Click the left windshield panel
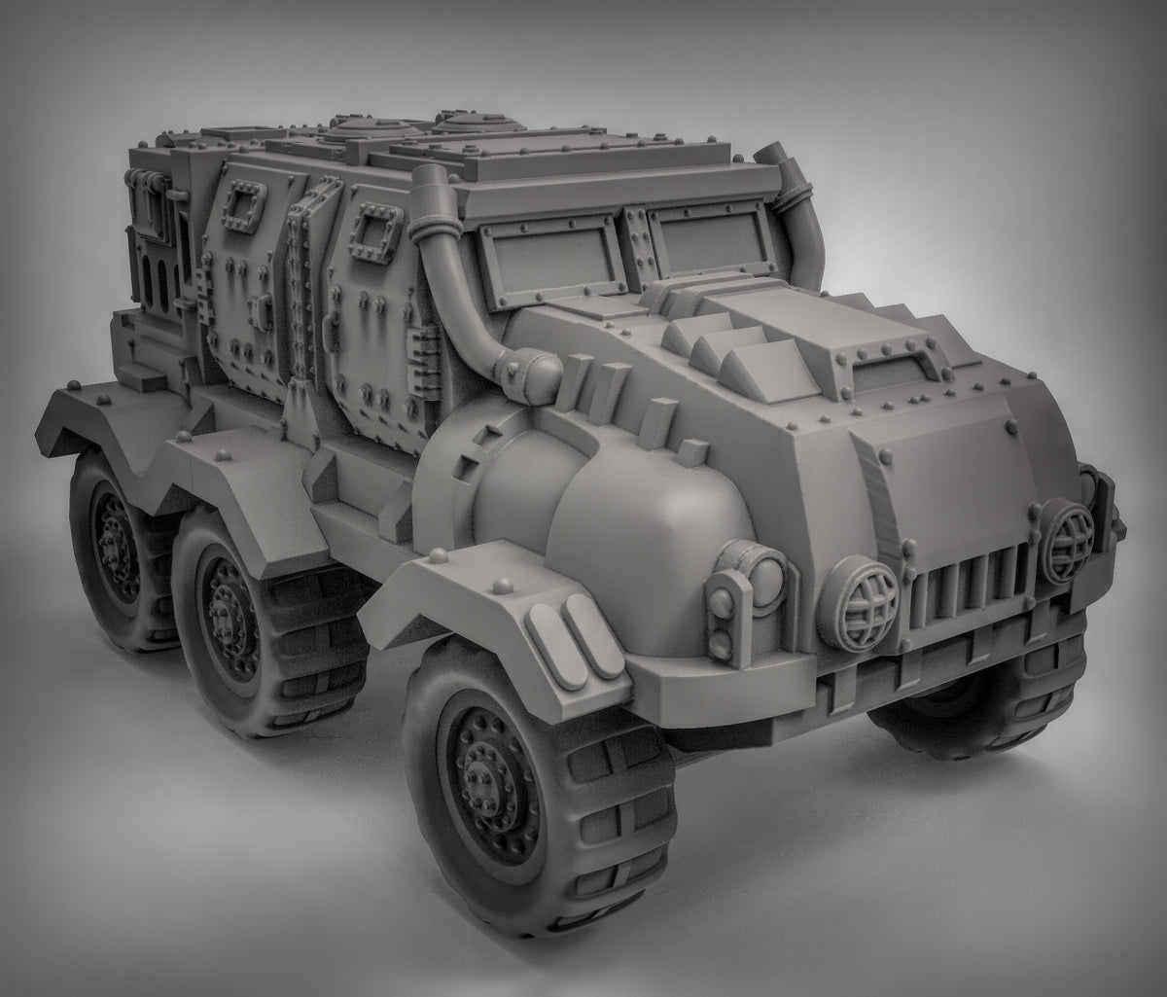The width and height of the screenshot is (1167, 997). (x=549, y=259)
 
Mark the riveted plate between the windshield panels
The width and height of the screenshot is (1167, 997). (x=637, y=243)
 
